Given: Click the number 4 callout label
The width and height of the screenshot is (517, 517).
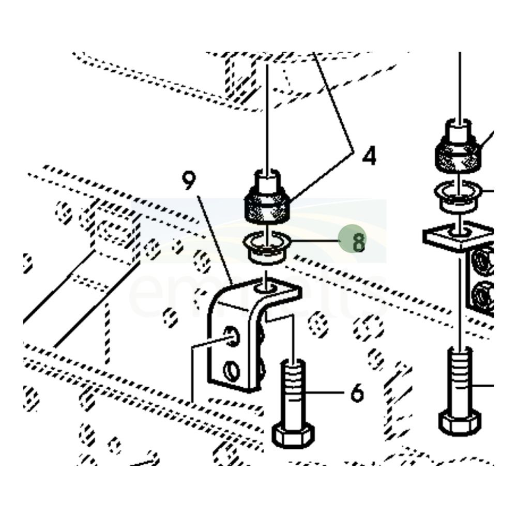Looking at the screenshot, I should point(369,156).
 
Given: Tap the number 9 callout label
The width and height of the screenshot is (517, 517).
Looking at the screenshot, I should point(189,180).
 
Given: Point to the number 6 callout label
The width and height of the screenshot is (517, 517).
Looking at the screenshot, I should point(357,393).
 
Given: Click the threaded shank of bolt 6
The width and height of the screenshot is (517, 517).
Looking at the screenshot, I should point(293,383).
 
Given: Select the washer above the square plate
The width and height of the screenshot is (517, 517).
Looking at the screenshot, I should point(459,195).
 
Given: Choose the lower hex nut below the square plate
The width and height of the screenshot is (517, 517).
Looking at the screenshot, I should point(484,296).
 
